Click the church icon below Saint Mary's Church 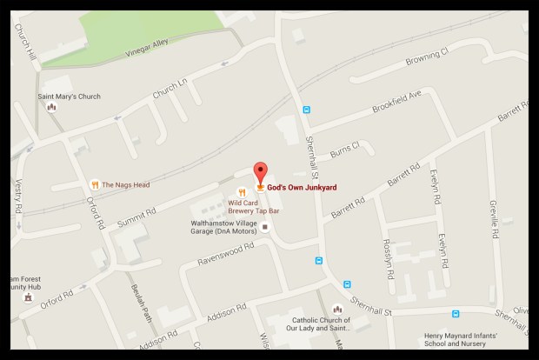51,108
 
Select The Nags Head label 125,183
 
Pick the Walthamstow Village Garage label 223,227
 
